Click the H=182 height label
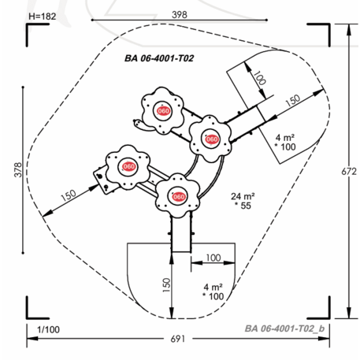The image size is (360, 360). (43, 17)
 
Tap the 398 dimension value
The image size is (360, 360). (180, 14)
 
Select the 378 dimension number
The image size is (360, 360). (18, 170)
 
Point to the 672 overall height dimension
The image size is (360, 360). (349, 172)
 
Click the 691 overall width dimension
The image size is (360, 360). (178, 339)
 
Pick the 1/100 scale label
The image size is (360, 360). (48, 329)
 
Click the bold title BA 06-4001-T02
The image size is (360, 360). (159, 58)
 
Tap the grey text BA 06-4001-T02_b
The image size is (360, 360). (284, 328)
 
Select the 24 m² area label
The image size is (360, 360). (243, 196)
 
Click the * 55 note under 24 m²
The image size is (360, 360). (243, 206)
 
